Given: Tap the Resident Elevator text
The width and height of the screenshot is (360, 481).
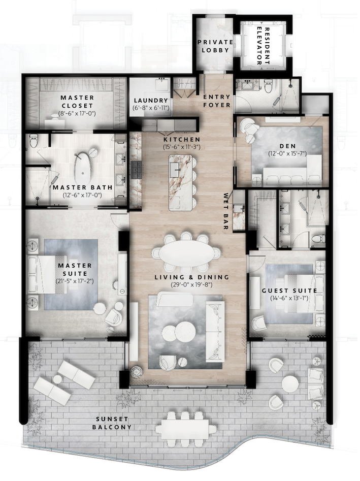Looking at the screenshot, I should pos(263,46).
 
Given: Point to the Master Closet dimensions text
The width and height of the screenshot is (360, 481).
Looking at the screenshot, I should pos(77,113).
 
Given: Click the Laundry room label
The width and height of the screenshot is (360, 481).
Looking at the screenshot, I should pos(151,101).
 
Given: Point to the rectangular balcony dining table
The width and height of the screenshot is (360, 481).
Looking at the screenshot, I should pos(186,427).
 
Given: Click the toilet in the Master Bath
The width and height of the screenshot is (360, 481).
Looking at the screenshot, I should pos(35,140).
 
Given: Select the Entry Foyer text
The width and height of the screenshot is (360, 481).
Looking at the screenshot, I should pos(217,101).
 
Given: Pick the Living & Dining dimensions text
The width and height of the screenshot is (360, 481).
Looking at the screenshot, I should pos(191,285).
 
